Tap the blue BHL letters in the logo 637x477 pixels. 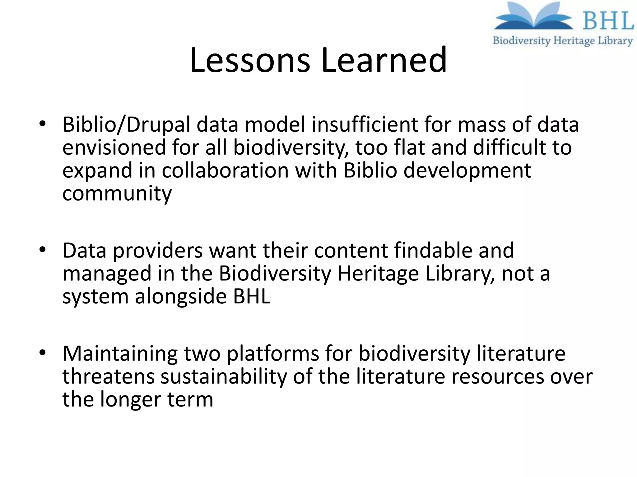tap(608, 21)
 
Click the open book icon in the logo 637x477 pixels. tap(534, 17)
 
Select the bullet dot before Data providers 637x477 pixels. tap(43, 250)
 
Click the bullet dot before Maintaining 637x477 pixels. tap(43, 353)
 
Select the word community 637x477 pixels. tap(117, 194)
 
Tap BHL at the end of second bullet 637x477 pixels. tap(252, 296)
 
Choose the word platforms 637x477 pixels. tap(273, 354)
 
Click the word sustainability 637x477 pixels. tap(224, 376)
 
